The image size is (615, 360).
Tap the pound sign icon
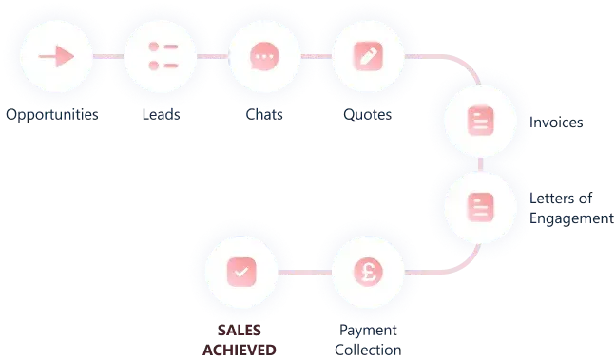(368, 271)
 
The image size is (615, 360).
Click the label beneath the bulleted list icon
(162, 115)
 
